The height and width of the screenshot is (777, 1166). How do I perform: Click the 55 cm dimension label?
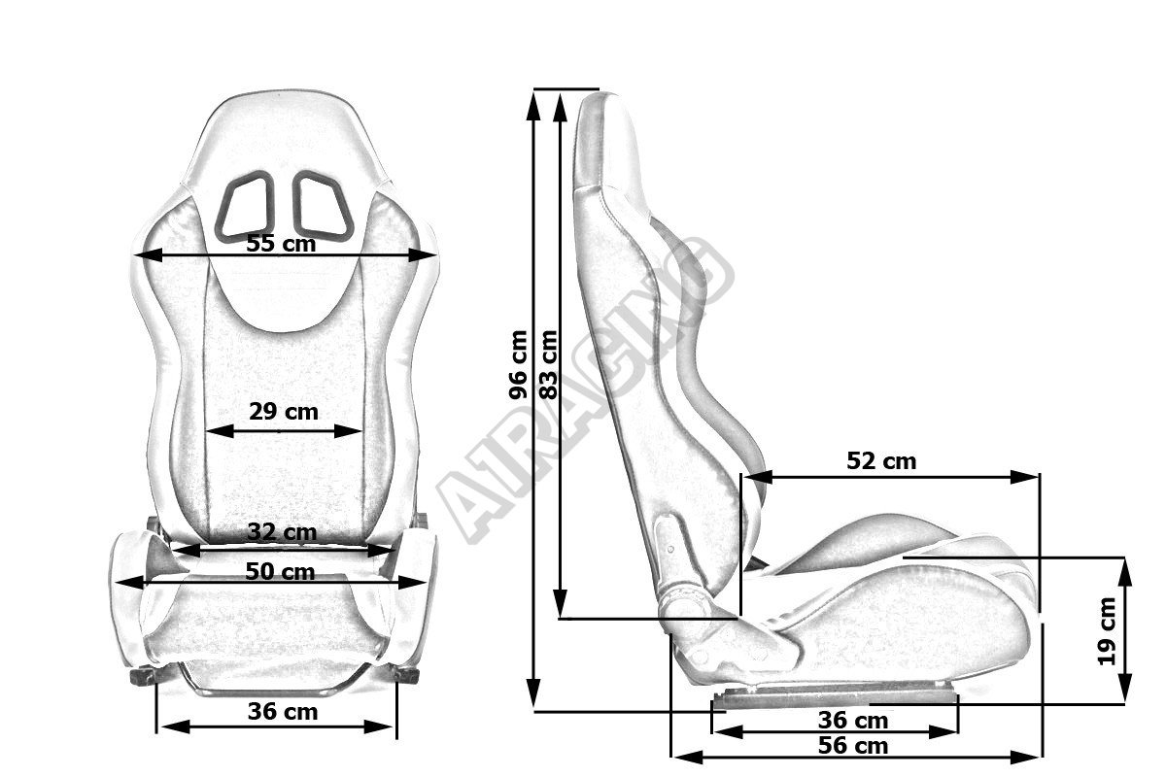coord(281,244)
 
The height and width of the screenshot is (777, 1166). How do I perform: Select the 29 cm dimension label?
coord(283,412)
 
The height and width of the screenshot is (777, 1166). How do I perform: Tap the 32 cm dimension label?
coord(282,532)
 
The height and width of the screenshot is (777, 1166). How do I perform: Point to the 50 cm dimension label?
coord(280,572)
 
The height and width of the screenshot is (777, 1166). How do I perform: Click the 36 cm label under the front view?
coord(283,711)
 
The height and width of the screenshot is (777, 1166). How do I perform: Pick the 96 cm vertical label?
coord(519,364)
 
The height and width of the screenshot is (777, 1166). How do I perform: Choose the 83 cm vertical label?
coord(548,364)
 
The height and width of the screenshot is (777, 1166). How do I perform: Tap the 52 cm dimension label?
coord(881,461)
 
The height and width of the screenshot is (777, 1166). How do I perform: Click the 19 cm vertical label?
coord(1107,631)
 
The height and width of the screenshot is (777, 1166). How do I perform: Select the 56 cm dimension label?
coord(853,746)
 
